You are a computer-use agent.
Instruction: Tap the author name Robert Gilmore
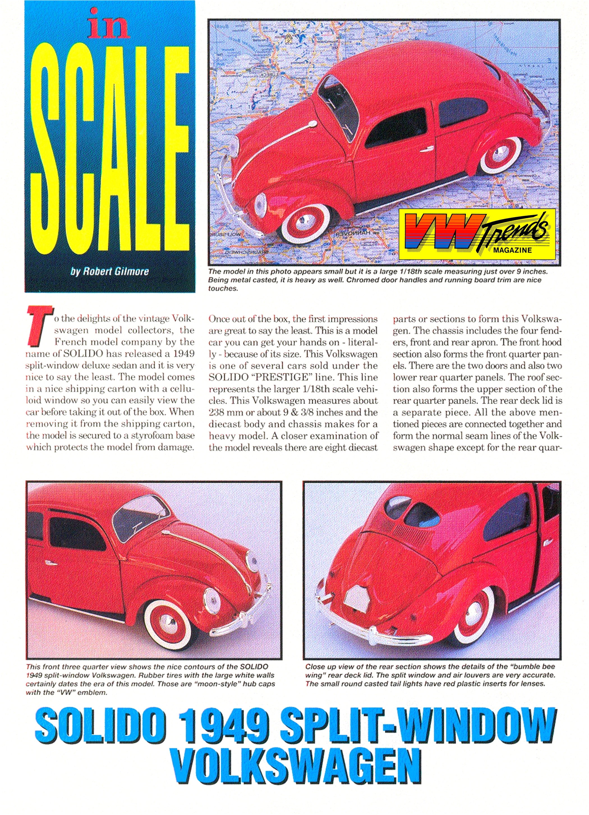110,271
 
